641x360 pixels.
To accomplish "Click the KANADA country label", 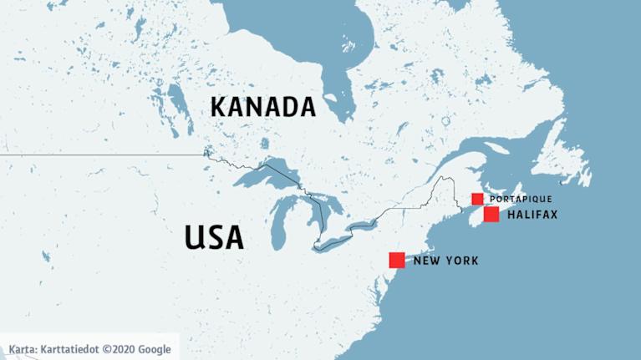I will pyautogui.click(x=262, y=107).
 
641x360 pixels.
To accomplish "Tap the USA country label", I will pyautogui.click(x=214, y=237).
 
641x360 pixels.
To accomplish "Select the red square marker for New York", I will pyautogui.click(x=397, y=260).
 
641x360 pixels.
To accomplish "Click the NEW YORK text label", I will pyautogui.click(x=446, y=261).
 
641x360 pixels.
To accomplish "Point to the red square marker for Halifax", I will pyautogui.click(x=491, y=215).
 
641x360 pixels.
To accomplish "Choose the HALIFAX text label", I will pyautogui.click(x=532, y=215).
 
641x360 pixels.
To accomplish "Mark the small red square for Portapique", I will pyautogui.click(x=477, y=199).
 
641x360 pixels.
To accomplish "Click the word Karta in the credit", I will pyautogui.click(x=22, y=349).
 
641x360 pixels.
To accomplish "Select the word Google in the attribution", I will pyautogui.click(x=155, y=349).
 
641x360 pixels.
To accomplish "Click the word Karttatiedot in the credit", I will pyautogui.click(x=70, y=349).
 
